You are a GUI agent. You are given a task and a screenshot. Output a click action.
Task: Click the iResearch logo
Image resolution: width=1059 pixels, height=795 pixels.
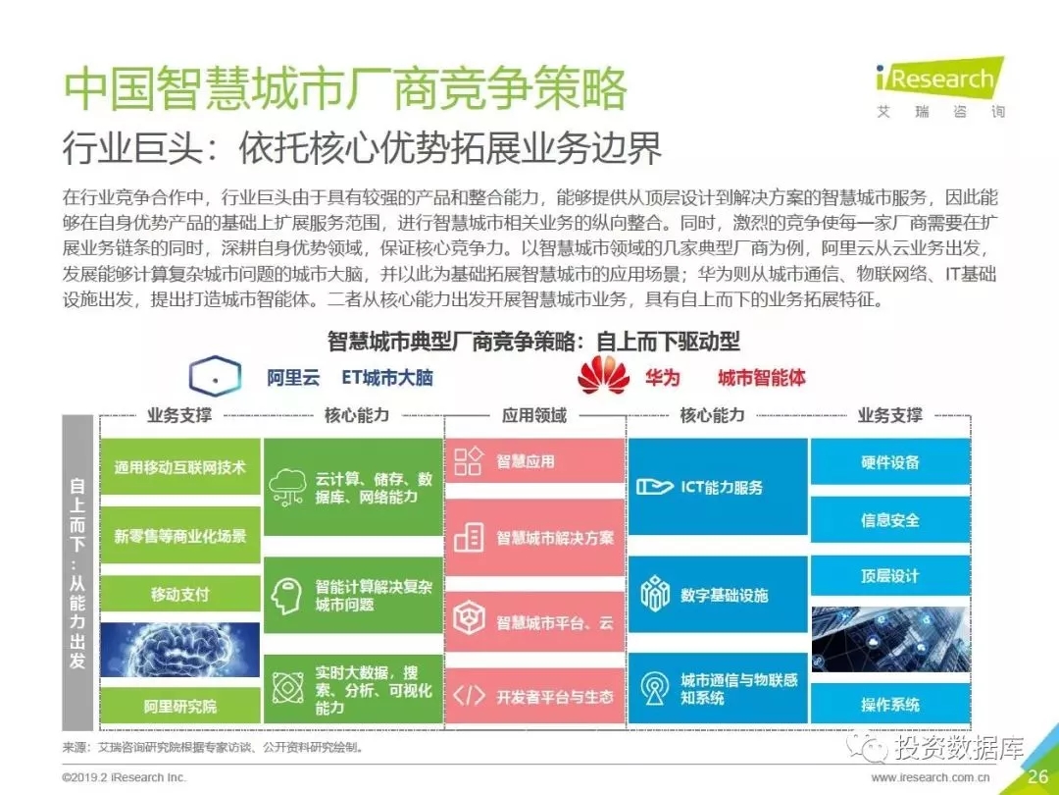click(x=939, y=88)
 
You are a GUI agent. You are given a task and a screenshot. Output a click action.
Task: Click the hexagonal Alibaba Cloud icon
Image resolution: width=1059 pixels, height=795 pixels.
click(x=215, y=376)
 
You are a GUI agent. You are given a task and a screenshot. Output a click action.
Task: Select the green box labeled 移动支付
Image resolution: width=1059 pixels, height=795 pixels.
click(x=179, y=594)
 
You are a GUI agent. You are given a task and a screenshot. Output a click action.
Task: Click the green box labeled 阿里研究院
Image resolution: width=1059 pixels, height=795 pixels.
click(x=179, y=706)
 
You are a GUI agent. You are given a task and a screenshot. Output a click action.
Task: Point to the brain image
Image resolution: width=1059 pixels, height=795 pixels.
click(x=179, y=650)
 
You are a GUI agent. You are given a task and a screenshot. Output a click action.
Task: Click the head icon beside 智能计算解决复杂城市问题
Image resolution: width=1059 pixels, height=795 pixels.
click(x=286, y=596)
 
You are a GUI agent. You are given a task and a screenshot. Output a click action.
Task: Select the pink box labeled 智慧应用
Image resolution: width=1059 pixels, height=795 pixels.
click(x=534, y=461)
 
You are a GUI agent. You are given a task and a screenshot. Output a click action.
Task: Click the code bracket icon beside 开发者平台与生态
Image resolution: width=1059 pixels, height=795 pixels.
click(x=469, y=696)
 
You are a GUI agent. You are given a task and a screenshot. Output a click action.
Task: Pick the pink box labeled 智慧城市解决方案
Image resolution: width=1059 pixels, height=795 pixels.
click(x=534, y=538)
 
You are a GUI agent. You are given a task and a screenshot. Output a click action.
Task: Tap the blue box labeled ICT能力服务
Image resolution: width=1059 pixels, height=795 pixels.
click(x=718, y=486)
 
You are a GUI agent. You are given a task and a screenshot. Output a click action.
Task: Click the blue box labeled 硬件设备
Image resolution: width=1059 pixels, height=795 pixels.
click(x=890, y=461)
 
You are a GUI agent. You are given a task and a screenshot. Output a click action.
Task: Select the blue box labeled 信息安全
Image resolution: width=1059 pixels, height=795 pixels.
click(x=890, y=519)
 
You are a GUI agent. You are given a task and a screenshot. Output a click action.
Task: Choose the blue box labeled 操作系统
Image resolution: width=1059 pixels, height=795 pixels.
click(x=890, y=705)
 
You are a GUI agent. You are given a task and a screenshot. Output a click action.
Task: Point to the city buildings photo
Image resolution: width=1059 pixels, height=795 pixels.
click(x=890, y=639)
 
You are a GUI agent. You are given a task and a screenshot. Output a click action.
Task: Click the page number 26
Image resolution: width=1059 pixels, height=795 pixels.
click(x=1038, y=776)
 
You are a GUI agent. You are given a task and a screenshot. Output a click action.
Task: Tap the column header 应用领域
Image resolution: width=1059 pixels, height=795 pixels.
click(x=534, y=415)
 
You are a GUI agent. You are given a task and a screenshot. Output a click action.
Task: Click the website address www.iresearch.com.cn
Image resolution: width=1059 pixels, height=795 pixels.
click(x=931, y=777)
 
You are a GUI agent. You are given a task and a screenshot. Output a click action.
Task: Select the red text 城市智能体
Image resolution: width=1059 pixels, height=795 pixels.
click(x=761, y=377)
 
